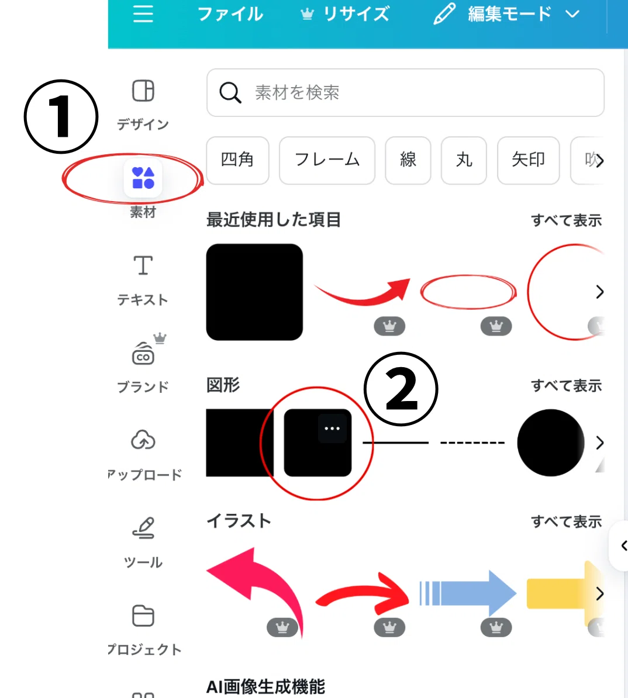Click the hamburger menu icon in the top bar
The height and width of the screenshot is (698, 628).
pyautogui.click(x=143, y=14)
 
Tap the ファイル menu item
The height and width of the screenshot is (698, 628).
pyautogui.click(x=230, y=14)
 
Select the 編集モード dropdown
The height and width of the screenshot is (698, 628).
pyautogui.click(x=508, y=14)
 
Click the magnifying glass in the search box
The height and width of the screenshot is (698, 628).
pyautogui.click(x=230, y=92)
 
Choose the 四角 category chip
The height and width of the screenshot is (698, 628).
pyautogui.click(x=237, y=160)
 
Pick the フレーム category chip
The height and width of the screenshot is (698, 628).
pyautogui.click(x=327, y=160)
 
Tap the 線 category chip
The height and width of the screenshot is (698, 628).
pyautogui.click(x=408, y=160)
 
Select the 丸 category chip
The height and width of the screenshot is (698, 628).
pyautogui.click(x=464, y=160)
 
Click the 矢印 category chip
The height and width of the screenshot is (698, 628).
pyautogui.click(x=528, y=160)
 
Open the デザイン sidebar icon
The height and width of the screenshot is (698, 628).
pyautogui.click(x=143, y=91)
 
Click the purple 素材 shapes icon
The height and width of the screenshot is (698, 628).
pyautogui.click(x=143, y=178)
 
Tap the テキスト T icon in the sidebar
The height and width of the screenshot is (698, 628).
pyautogui.click(x=143, y=265)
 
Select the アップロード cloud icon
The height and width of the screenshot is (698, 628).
pyautogui.click(x=143, y=440)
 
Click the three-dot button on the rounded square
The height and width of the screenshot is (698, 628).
pyautogui.click(x=332, y=429)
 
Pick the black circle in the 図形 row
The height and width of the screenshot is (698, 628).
pyautogui.click(x=550, y=443)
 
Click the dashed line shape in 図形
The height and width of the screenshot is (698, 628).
pyautogui.click(x=472, y=443)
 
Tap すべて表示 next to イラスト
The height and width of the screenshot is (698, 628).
pyautogui.click(x=566, y=521)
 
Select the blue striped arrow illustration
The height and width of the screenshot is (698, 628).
pyautogui.click(x=468, y=593)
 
